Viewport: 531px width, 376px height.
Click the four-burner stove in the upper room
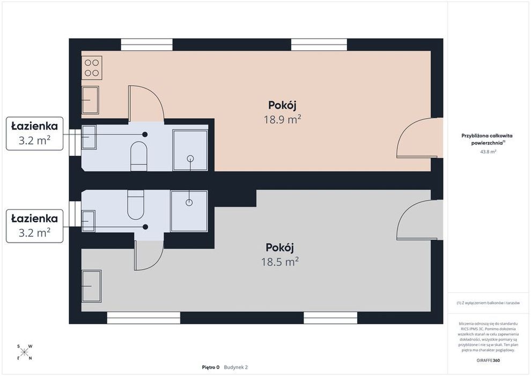92,68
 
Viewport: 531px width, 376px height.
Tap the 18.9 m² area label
283,119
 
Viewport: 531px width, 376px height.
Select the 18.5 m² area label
280,262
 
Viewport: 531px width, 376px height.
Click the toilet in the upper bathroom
139,156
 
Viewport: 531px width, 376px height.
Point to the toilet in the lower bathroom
136,205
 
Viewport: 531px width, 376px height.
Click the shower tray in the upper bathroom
190,150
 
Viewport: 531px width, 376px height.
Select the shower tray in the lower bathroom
189,211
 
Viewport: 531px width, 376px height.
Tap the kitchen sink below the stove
91,100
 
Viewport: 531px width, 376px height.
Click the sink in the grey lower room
91,286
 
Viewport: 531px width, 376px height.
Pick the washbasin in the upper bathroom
89,137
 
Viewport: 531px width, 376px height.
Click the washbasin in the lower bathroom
88,221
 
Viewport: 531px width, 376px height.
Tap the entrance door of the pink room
420,138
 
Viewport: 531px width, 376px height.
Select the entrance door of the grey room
420,220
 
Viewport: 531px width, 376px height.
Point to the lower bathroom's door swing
149,256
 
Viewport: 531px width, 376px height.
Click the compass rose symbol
24,352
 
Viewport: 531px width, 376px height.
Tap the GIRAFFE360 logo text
488,360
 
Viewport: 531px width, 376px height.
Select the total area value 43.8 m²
488,152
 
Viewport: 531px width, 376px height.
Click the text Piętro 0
211,367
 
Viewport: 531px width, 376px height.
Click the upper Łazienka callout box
34,134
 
